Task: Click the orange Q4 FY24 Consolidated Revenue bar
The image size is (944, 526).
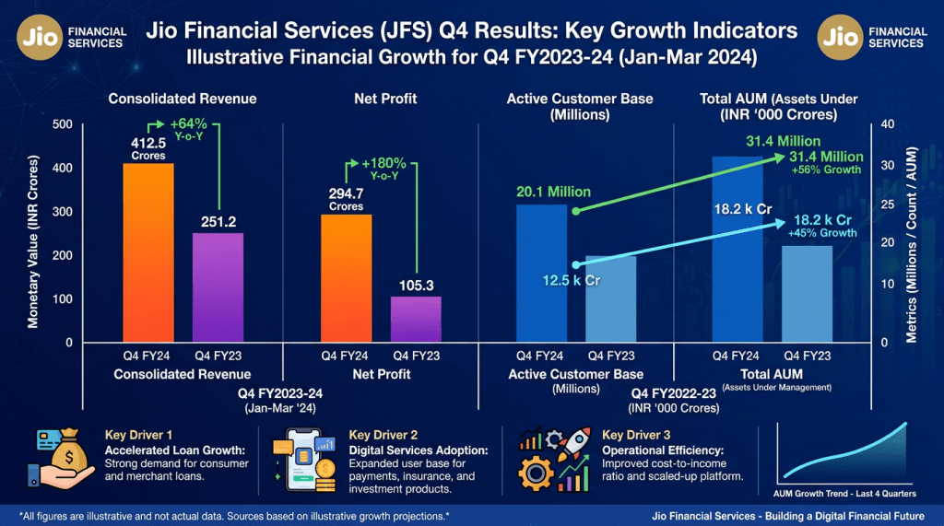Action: (x=148, y=252)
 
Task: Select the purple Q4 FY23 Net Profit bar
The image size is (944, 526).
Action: (x=416, y=319)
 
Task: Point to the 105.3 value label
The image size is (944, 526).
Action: (x=416, y=286)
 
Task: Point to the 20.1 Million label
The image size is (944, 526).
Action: (x=553, y=193)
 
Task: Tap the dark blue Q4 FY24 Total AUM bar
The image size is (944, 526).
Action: (x=737, y=249)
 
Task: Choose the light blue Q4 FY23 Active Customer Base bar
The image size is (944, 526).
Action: (x=611, y=298)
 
